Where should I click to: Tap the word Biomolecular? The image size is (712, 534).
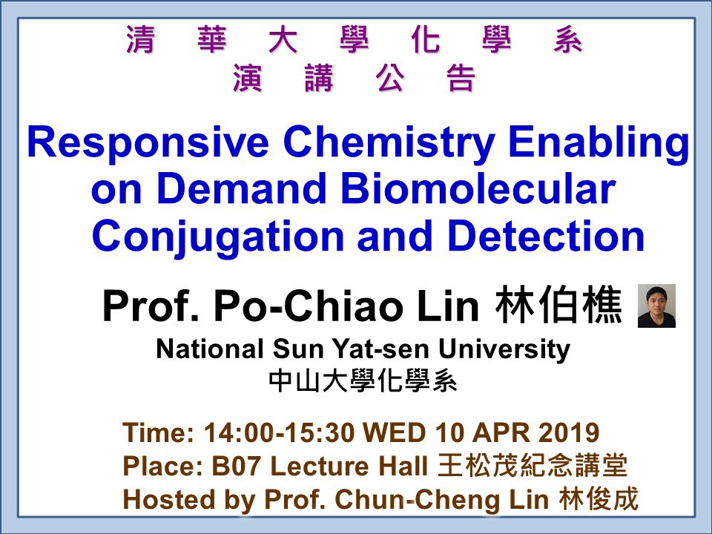click(x=478, y=189)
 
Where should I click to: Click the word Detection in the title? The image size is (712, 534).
click(x=547, y=236)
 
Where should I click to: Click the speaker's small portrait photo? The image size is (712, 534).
click(x=656, y=306)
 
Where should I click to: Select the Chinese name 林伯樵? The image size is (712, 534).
click(x=558, y=305)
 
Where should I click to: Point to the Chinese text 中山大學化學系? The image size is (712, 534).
click(x=363, y=381)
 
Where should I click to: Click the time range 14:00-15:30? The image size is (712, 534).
click(x=279, y=432)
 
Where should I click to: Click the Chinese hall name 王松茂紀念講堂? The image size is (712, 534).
click(x=533, y=466)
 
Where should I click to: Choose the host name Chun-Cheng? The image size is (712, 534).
click(x=418, y=500)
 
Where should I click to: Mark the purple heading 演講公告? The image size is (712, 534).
click(x=355, y=78)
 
